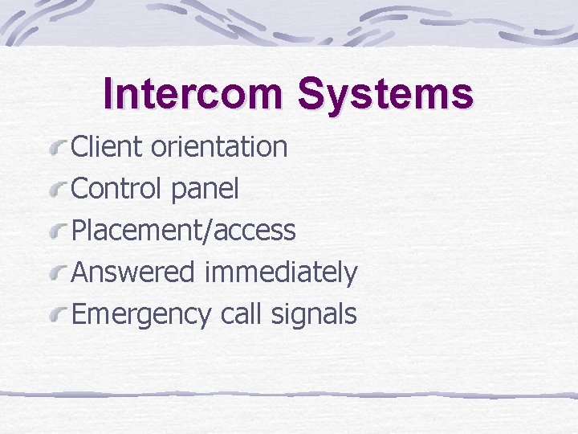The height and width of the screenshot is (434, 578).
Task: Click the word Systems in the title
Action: (x=385, y=93)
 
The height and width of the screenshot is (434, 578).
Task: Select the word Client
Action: (x=107, y=147)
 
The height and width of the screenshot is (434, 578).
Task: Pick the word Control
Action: (x=117, y=189)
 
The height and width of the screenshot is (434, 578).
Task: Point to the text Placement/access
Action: (x=184, y=231)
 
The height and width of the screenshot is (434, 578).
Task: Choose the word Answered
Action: (x=133, y=272)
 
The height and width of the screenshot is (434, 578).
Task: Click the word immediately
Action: (x=280, y=273)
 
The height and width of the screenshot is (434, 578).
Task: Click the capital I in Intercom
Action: (x=110, y=93)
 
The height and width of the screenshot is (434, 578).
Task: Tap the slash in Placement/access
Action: (x=210, y=231)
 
